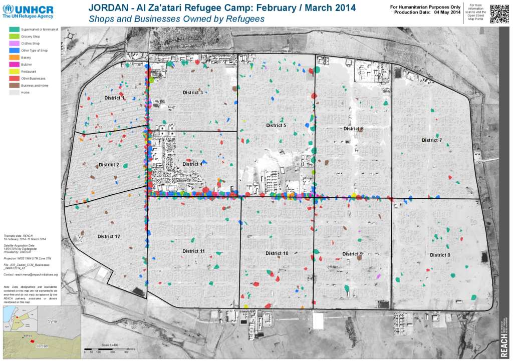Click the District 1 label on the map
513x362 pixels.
[x=115, y=98]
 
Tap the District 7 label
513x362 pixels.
[x=432, y=140]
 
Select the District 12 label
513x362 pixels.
[x=109, y=236]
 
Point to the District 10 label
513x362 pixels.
[x=277, y=253]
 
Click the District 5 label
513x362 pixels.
[x=276, y=125]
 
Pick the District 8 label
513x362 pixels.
[x=440, y=255]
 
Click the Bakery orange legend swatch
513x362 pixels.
[x=15, y=58]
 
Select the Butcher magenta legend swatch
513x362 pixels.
[x=15, y=65]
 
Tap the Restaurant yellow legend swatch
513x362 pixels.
[x=15, y=72]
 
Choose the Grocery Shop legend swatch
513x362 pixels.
[x=15, y=37]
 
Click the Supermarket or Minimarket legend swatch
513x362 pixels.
[x=15, y=30]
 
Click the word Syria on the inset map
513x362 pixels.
[x=52, y=321]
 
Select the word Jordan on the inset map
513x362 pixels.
[x=43, y=346]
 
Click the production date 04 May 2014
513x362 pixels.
[x=447, y=12]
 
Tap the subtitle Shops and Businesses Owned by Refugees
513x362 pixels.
[x=176, y=19]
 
